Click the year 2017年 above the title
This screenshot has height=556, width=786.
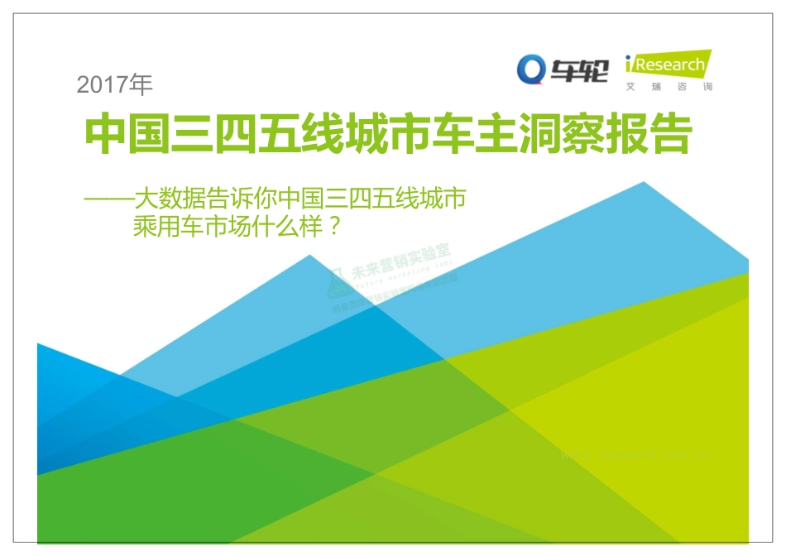(114, 84)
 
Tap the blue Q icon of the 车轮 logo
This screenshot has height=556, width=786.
(531, 69)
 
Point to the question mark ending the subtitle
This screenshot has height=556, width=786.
(334, 227)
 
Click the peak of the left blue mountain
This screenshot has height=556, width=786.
(310, 256)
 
